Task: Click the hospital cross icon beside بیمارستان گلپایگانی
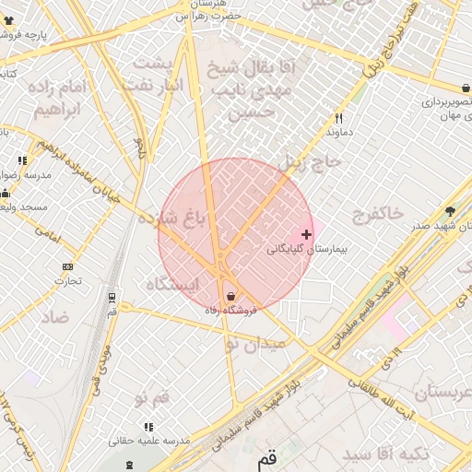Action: pyautogui.click(x=307, y=234)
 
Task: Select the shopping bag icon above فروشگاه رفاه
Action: pyautogui.click(x=230, y=297)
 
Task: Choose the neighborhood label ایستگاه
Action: pyautogui.click(x=172, y=285)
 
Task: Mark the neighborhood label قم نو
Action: pyautogui.click(x=152, y=398)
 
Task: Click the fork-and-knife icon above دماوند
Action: pyautogui.click(x=339, y=119)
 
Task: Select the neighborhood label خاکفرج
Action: pyautogui.click(x=378, y=213)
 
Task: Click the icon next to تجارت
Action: pyautogui.click(x=67, y=267)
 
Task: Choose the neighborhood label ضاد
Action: pyautogui.click(x=54, y=316)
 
